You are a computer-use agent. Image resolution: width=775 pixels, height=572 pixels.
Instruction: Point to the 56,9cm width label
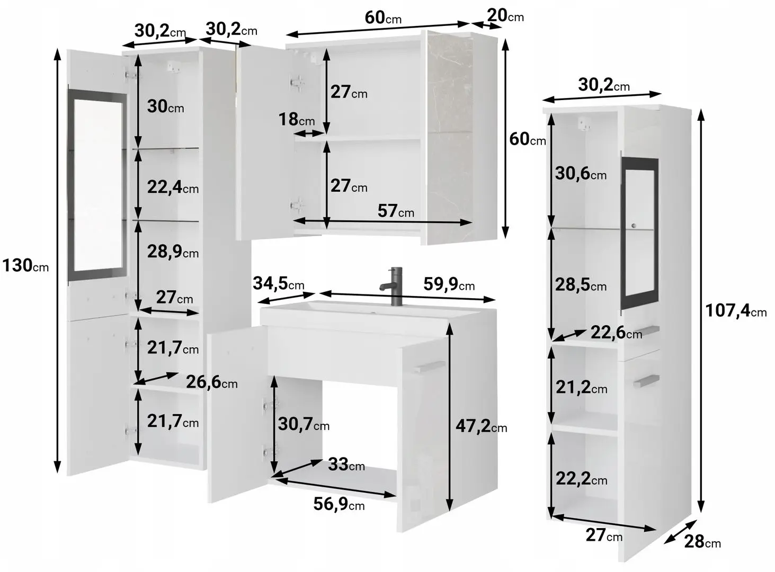[339, 504]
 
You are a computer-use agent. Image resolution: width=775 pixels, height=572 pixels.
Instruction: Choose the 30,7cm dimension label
[304, 424]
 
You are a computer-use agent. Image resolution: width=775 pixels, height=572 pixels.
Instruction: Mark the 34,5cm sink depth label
[278, 284]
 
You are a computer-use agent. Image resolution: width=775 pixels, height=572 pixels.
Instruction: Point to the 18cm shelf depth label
[297, 120]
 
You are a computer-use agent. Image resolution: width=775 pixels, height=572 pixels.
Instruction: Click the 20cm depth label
[505, 15]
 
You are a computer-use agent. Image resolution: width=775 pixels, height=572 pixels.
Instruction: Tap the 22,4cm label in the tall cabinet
[173, 187]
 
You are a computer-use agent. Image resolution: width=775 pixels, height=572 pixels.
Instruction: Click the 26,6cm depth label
[211, 382]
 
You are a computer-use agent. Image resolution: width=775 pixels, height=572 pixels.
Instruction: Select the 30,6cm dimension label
[581, 174]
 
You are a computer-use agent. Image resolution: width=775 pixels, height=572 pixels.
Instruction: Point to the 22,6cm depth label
[616, 333]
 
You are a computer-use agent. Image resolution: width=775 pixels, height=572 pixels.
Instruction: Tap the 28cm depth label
[702, 542]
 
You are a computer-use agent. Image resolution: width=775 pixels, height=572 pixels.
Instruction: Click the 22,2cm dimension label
[581, 479]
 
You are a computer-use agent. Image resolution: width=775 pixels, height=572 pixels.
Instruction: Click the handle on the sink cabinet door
[430, 367]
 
